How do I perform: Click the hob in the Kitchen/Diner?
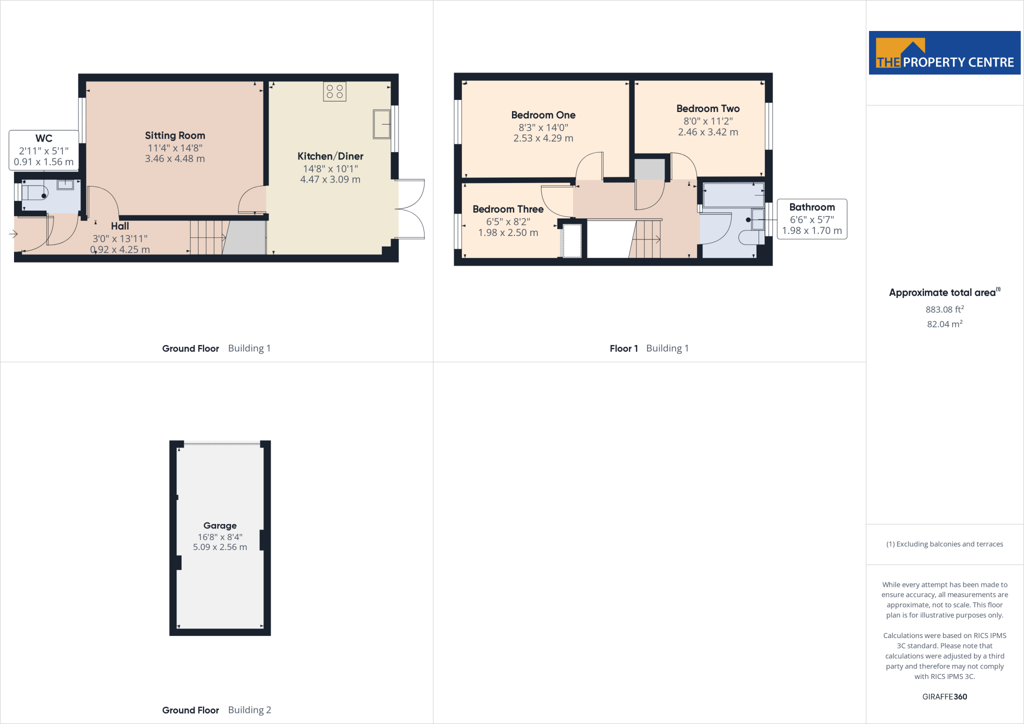(x=334, y=91)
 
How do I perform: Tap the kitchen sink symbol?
(x=381, y=124)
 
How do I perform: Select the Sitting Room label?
(x=175, y=135)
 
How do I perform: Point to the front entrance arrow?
(x=13, y=234)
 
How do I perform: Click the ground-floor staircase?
(x=208, y=237)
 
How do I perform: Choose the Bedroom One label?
(x=543, y=115)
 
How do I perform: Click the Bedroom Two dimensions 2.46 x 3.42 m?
(x=707, y=132)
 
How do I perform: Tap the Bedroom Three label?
(x=507, y=209)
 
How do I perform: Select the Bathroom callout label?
(x=811, y=207)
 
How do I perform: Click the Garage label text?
(x=220, y=525)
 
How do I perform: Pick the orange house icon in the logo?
(x=900, y=52)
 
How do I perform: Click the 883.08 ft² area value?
(x=944, y=309)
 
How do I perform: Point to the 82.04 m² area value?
(x=944, y=324)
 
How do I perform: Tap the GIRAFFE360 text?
(x=944, y=696)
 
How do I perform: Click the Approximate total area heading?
(x=942, y=292)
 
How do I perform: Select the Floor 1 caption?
(x=623, y=348)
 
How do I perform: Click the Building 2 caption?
(x=249, y=710)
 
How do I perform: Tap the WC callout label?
(x=44, y=138)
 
